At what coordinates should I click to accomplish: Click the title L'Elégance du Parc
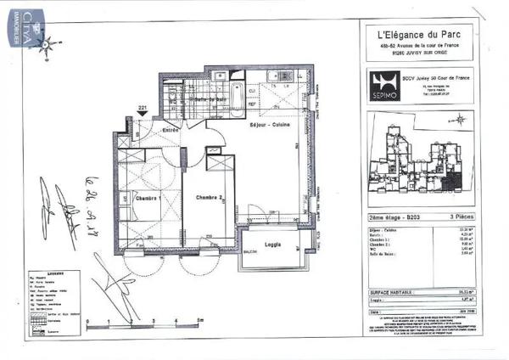tap(418, 35)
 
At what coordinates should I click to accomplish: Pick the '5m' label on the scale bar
tap(198, 321)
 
